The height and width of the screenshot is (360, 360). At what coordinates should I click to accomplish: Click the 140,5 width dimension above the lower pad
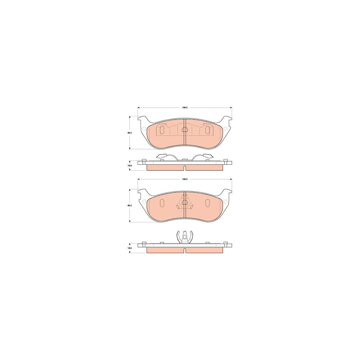coord(185,179)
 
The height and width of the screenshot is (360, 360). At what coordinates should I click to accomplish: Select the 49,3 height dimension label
coord(130,133)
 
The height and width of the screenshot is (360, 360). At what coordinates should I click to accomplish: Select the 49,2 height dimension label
coord(130,205)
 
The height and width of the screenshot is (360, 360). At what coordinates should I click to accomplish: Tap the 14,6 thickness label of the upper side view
coord(130,165)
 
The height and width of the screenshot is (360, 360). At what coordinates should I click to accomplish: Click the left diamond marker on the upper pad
coord(144,128)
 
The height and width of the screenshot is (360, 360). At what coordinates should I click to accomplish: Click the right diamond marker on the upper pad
coord(225,128)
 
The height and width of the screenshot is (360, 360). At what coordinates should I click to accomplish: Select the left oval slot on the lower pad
coord(162,203)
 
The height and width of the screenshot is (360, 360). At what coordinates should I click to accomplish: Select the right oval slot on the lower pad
coord(207,203)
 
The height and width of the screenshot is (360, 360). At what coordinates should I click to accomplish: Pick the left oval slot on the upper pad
coord(162,130)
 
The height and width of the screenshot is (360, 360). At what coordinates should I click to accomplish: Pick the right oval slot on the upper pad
coord(207,130)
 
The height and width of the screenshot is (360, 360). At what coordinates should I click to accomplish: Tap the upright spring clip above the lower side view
coord(184,237)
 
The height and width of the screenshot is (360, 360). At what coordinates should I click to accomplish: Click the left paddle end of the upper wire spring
coord(162,156)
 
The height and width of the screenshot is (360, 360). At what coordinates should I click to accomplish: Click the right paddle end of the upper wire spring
coord(207,156)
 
